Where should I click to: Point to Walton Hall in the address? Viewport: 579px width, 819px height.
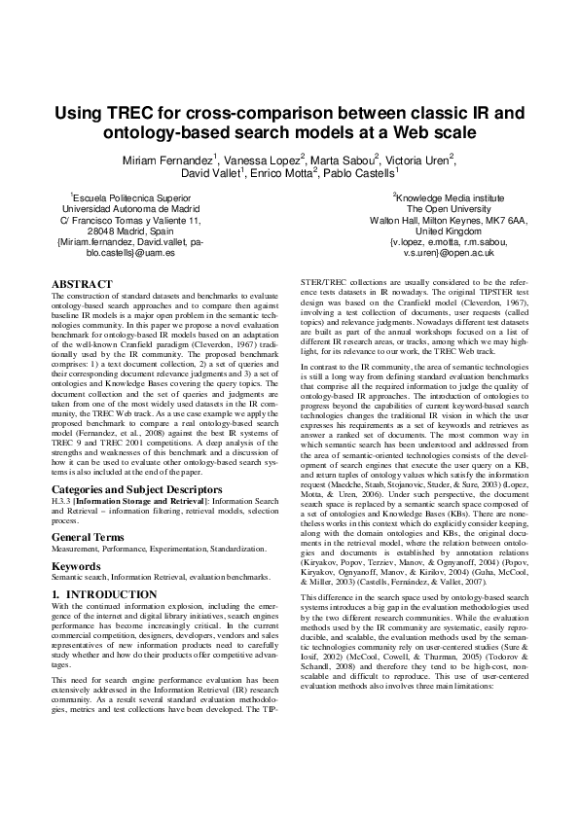(393, 219)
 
